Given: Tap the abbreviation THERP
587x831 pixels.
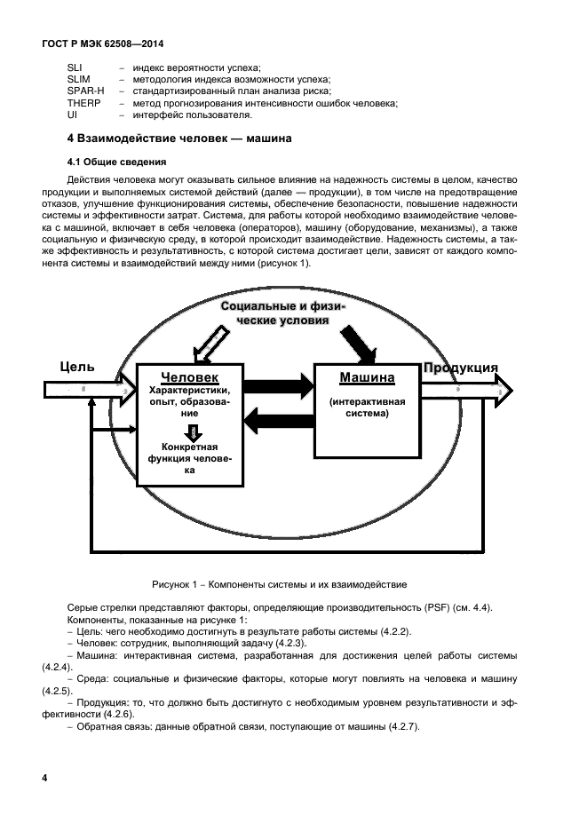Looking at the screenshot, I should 84,103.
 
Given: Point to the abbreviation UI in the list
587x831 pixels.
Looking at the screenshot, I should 72,115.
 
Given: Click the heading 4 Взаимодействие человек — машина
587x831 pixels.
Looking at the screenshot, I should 179,139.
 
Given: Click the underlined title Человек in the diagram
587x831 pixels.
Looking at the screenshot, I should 189,376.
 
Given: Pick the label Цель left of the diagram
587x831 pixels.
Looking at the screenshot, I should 77,367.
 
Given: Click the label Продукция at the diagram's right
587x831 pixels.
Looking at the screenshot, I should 460,368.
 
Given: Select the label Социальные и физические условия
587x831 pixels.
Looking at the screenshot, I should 283,313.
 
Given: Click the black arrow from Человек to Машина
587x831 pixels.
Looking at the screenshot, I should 279,386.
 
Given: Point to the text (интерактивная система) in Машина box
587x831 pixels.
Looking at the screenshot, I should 368,407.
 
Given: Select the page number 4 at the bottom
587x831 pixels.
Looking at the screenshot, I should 44,779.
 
